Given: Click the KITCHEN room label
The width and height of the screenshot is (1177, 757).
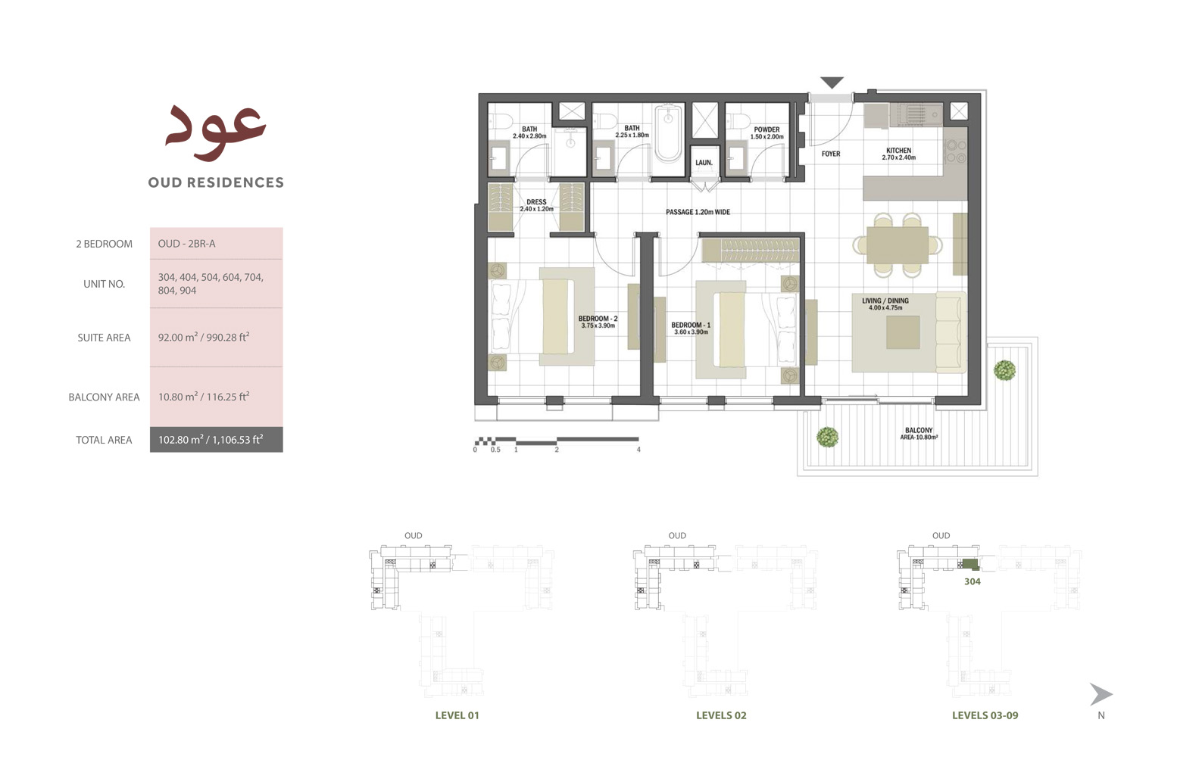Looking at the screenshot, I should click(x=898, y=154).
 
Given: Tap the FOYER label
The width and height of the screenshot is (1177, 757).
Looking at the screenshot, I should click(x=831, y=154).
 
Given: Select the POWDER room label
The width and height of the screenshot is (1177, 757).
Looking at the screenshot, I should click(x=766, y=132).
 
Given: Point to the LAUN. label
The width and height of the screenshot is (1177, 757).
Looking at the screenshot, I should click(x=704, y=163).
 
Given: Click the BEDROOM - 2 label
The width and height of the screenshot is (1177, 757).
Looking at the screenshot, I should click(x=598, y=322).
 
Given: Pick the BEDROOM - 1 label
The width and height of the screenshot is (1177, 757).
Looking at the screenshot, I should click(x=691, y=328).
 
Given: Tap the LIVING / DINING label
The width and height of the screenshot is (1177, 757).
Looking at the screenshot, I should click(x=885, y=304).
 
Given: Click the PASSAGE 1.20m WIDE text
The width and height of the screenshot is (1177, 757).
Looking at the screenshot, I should click(x=698, y=212).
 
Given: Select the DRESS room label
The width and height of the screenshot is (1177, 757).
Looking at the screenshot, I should click(x=536, y=205).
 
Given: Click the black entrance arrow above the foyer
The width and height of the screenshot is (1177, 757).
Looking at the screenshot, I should click(x=832, y=83).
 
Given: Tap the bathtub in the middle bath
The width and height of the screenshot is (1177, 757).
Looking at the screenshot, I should click(x=668, y=134).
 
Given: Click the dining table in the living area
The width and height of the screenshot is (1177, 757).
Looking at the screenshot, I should click(x=898, y=245).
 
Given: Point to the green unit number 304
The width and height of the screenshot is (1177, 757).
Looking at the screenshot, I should click(x=973, y=581).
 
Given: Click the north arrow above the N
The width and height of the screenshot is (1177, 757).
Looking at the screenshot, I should click(x=1101, y=694).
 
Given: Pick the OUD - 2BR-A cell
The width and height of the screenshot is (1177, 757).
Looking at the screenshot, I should click(x=187, y=244).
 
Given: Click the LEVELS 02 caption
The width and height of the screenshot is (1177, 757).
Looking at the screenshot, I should click(x=721, y=715).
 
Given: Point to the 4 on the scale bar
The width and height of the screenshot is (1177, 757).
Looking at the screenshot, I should click(x=638, y=450).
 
